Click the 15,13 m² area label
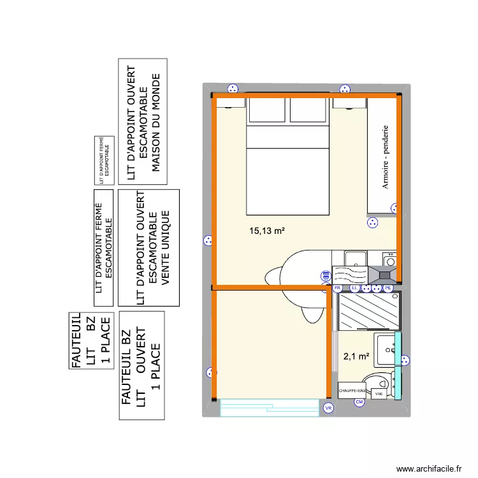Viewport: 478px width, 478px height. coord(267,231)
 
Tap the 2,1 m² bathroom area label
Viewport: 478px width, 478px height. coord(356,357)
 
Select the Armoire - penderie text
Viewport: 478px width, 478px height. coord(386,157)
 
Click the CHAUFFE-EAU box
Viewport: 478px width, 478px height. coord(352,391)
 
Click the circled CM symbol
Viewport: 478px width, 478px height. coord(359,402)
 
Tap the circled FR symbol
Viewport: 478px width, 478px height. coord(338,289)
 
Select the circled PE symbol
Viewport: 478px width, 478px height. coord(387,289)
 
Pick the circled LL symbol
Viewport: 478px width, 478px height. coord(354,289)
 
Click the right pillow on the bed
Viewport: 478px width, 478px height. coord(308,110)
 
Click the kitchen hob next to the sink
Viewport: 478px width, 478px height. coord(386,275)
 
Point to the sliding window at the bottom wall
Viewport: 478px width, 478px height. coord(269,408)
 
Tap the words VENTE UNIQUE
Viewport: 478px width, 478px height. coord(167,247)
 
